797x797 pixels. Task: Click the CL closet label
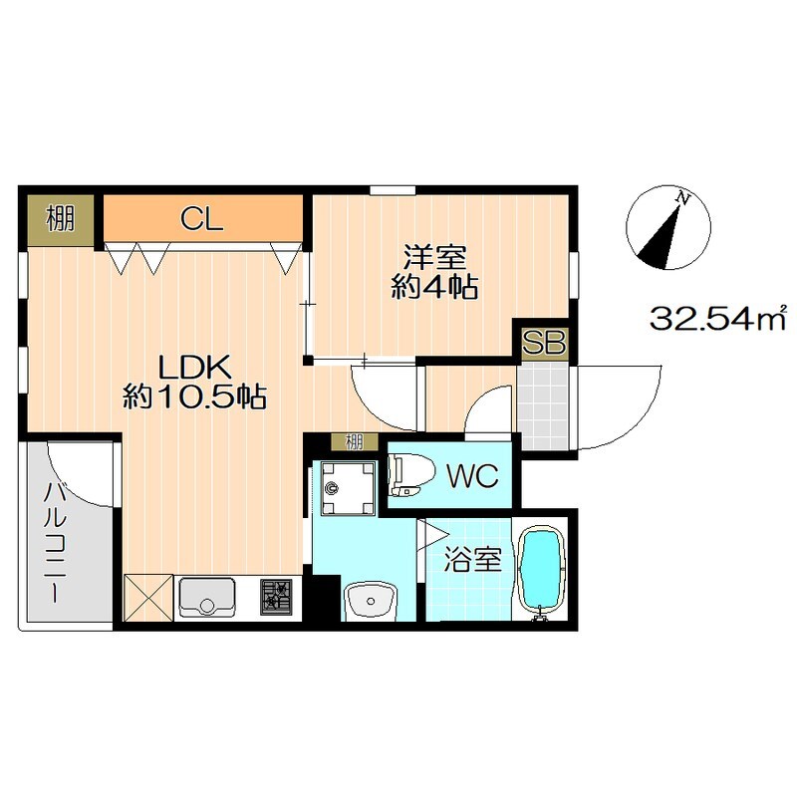point(202,219)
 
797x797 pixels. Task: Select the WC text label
point(472,475)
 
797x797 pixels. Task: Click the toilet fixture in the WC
point(410,475)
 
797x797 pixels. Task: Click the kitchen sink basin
point(207,596)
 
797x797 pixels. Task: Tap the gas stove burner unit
point(277,597)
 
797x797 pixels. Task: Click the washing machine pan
point(348,488)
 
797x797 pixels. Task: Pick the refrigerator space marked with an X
point(148,598)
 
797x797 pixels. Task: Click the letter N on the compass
point(684,198)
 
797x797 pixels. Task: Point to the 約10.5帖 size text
point(194,396)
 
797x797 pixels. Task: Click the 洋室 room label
point(435,257)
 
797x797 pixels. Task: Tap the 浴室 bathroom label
point(472,559)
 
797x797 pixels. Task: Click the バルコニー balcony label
point(56,542)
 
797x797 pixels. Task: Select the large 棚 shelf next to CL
point(61,220)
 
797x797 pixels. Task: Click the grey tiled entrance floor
point(543,406)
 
